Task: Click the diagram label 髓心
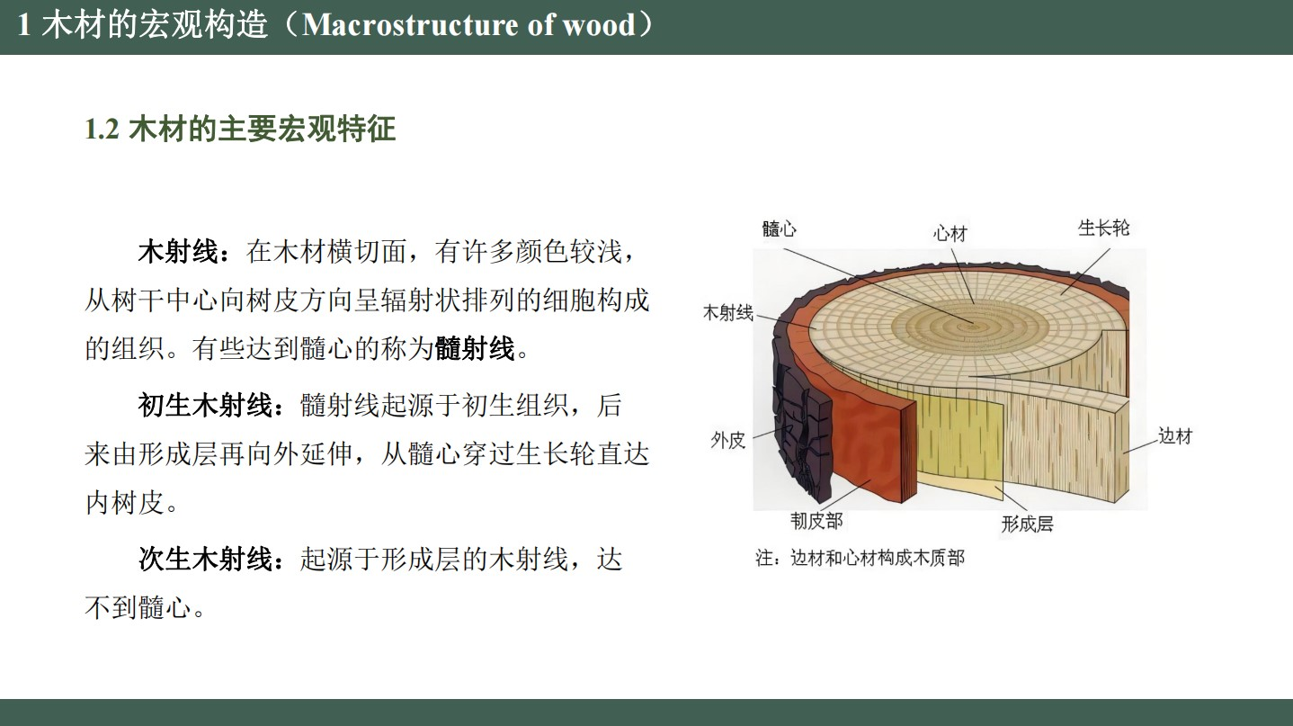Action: pos(779,229)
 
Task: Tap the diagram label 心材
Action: pos(950,233)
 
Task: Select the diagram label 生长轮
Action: pos(1103,228)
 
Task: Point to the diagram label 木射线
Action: pos(728,312)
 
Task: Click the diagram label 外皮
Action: pos(728,440)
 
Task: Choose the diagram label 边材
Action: pos(1175,435)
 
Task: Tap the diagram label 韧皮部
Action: pos(816,521)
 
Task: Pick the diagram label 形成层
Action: pos(1028,524)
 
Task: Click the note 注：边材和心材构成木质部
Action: pos(861,558)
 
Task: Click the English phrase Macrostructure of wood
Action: pos(468,25)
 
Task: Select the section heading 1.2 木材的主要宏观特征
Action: pos(240,129)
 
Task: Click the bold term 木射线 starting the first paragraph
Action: pos(178,252)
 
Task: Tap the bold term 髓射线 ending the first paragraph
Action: pos(475,348)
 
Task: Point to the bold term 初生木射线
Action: pos(205,406)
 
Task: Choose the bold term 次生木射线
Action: pos(205,559)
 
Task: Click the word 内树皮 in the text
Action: pos(125,503)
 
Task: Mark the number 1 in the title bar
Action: pos(23,25)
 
